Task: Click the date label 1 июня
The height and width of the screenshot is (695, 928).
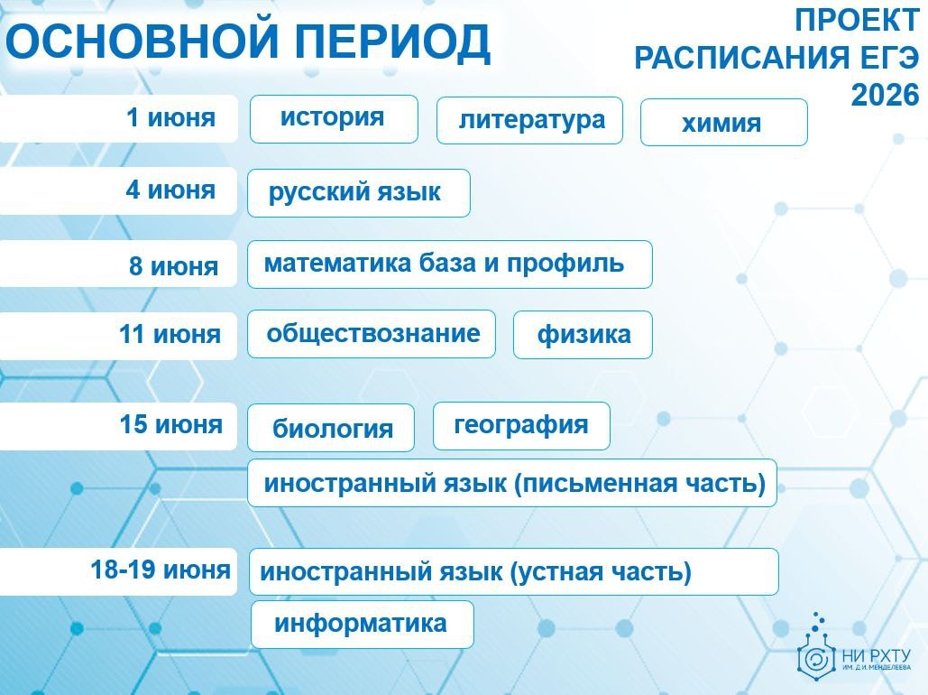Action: click(x=170, y=117)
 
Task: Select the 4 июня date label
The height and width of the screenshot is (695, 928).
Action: click(x=170, y=190)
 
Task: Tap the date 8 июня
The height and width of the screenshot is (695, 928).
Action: click(x=173, y=266)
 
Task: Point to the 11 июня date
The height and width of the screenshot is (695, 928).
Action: click(x=170, y=334)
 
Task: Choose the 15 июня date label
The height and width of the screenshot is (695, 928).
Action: click(x=171, y=424)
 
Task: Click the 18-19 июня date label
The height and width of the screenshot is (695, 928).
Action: click(x=161, y=570)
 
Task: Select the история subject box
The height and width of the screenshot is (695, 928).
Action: click(x=334, y=119)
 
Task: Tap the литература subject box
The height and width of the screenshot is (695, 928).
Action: click(x=529, y=120)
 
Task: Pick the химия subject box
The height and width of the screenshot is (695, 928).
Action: click(x=724, y=122)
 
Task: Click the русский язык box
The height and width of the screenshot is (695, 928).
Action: click(x=359, y=193)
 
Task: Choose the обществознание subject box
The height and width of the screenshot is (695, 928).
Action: click(x=372, y=334)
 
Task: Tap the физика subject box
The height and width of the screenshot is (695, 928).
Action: click(x=583, y=335)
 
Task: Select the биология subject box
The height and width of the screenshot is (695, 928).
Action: click(x=331, y=428)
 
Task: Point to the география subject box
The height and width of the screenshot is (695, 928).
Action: click(x=521, y=426)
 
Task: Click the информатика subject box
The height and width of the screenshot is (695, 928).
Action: click(x=363, y=625)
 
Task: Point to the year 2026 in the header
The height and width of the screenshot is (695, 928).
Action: click(x=885, y=95)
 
